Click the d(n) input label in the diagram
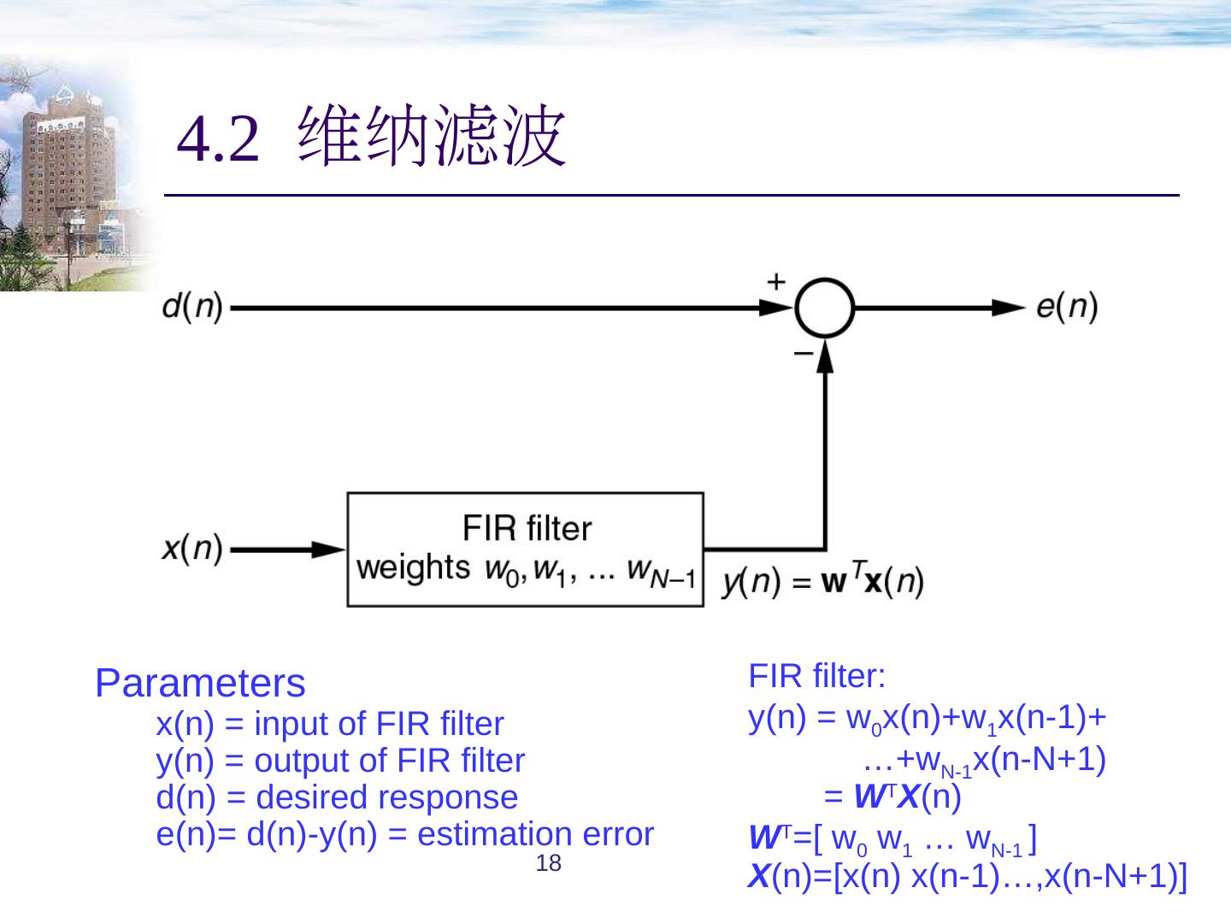point(192,307)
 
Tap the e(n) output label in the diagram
point(1067,307)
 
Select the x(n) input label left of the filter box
point(192,547)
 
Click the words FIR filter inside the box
point(527,528)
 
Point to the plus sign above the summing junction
point(775,281)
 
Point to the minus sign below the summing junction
point(803,352)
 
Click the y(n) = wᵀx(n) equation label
point(823,583)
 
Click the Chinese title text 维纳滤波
point(432,137)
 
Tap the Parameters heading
point(200,683)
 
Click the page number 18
point(548,863)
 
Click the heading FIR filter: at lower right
point(816,676)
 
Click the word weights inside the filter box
point(413,567)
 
